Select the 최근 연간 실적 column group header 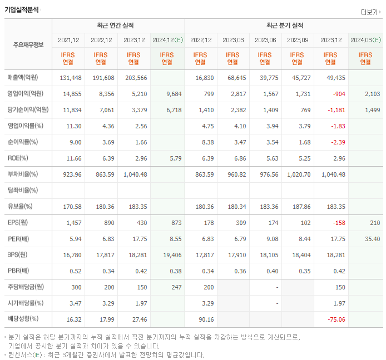118,26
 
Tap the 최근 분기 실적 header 284,26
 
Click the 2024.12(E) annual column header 167,40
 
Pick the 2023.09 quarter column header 298,40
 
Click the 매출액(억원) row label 26,77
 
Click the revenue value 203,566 136,77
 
